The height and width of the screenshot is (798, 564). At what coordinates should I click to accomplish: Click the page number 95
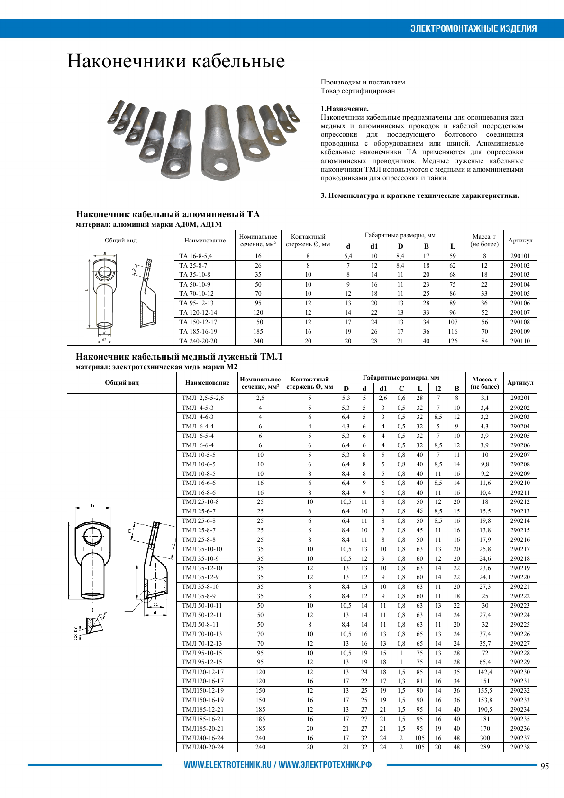point(545,766)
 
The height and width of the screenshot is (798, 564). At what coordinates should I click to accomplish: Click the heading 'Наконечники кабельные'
point(176,61)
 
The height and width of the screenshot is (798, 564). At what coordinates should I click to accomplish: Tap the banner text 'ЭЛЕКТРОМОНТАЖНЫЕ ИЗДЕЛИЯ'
point(473,28)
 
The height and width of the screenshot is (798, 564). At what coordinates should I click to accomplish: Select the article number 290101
point(520,256)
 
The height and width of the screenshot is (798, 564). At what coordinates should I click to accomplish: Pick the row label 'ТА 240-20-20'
point(198,341)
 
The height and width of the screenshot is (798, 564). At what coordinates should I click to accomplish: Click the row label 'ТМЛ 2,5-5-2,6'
point(202,398)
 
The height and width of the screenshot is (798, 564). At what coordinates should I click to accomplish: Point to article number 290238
point(520,747)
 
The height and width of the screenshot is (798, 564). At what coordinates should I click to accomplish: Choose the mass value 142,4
point(485,672)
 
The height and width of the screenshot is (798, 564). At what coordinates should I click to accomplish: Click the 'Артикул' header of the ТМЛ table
point(520,382)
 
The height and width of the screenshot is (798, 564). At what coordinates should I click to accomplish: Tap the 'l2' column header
point(438,388)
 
